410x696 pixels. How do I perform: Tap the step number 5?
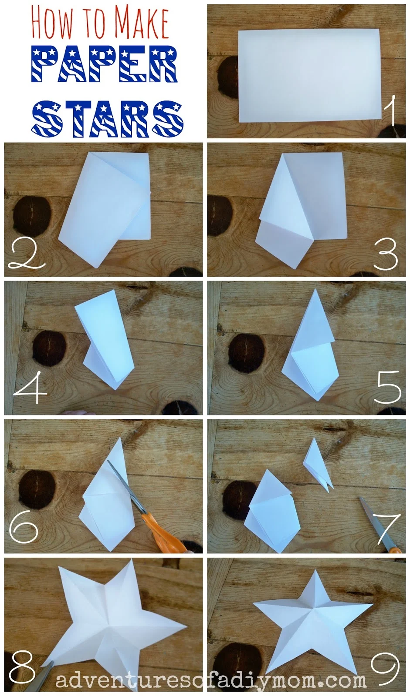388,387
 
